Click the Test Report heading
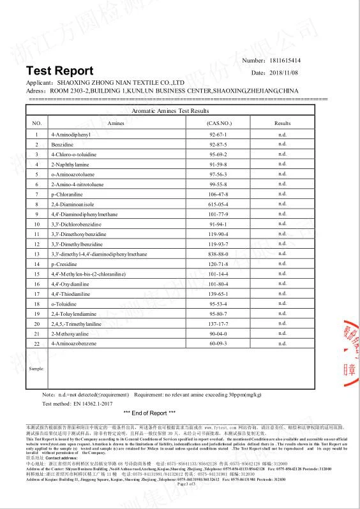coord(59,71)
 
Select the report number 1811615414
coord(287,61)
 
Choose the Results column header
coord(282,123)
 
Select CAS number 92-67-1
coord(218,135)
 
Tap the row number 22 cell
coord(37,344)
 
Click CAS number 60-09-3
coord(218,344)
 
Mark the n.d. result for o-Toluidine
coord(282,304)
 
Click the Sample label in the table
coord(37,368)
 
